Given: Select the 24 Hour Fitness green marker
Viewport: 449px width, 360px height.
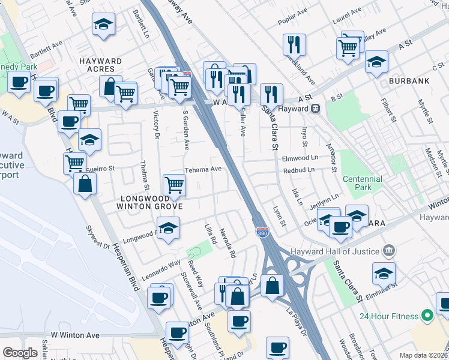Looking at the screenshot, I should click(x=427, y=315).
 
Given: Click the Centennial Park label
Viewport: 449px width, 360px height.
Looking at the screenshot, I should click(x=362, y=183).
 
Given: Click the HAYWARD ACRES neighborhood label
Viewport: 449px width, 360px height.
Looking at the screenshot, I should click(x=101, y=65).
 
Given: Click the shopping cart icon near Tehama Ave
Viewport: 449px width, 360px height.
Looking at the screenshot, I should click(x=174, y=185).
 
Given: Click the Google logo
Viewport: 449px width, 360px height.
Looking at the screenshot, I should click(x=20, y=353).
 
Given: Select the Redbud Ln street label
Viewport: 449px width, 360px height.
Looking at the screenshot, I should click(x=299, y=170).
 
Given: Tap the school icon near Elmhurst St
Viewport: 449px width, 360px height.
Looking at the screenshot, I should click(x=384, y=274).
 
